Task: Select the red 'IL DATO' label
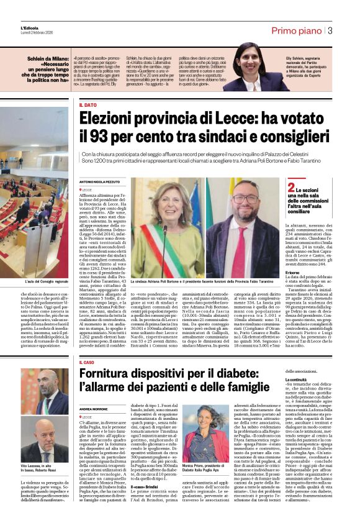click(x=88, y=106)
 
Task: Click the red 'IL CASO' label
click(x=88, y=344)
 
